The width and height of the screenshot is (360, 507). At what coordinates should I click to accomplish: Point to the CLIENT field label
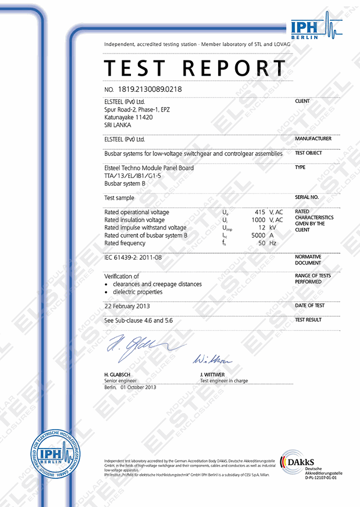[x=302, y=101]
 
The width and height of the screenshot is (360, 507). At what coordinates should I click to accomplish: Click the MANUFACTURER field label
[x=313, y=139]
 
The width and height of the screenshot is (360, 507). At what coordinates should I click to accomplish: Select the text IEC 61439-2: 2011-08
[x=133, y=258]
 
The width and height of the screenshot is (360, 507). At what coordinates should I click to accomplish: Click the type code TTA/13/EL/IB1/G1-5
[x=133, y=176]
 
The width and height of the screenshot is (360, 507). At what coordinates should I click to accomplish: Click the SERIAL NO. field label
[x=306, y=198]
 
